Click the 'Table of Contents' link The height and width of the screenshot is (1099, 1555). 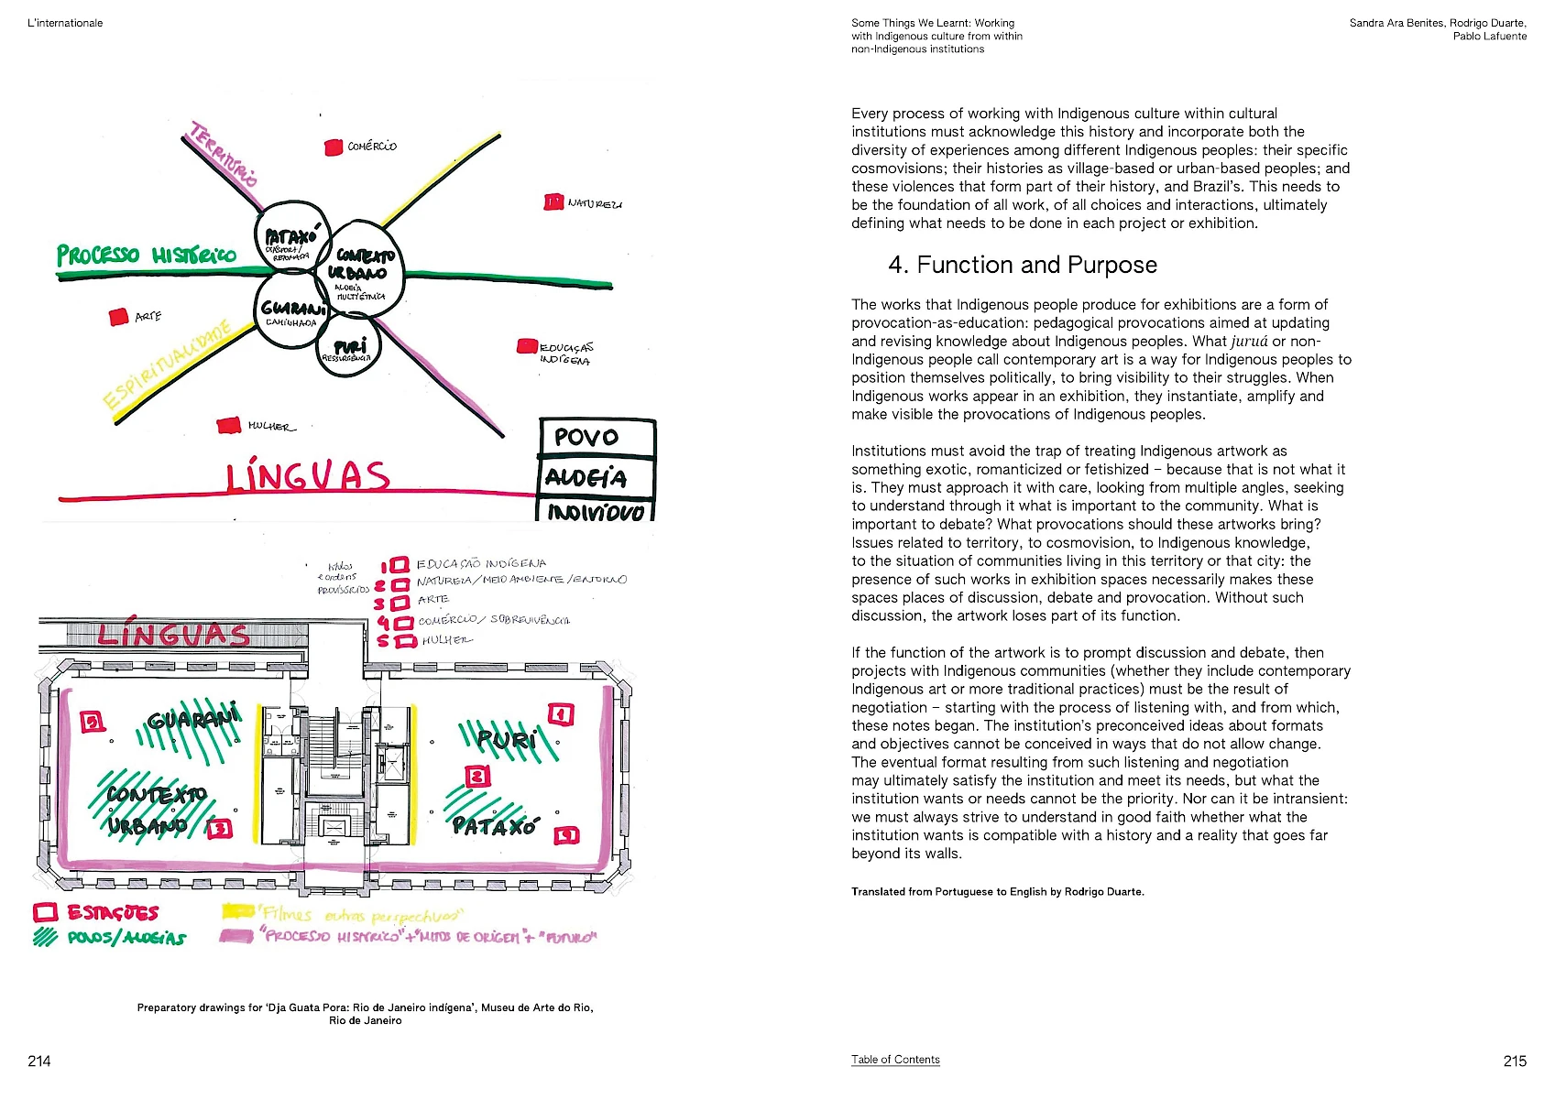[895, 1060]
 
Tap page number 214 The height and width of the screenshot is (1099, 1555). [39, 1061]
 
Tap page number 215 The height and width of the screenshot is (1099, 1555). [1515, 1061]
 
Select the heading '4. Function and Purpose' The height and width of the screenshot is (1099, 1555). [1023, 266]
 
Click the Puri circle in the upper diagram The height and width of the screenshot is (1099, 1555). [349, 349]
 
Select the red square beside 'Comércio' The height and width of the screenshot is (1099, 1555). [334, 147]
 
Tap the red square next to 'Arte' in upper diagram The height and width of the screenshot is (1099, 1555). [118, 317]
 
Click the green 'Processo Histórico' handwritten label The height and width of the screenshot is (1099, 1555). [146, 255]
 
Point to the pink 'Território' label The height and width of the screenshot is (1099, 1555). [223, 154]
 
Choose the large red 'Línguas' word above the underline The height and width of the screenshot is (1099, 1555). [308, 476]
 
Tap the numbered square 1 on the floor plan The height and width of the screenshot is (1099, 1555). [561, 714]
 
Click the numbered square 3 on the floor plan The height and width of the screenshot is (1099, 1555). [220, 829]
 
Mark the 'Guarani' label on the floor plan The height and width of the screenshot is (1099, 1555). [194, 719]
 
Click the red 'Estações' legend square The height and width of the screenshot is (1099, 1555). [46, 912]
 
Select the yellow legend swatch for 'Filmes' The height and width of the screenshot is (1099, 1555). [238, 911]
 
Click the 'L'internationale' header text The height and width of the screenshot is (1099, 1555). [65, 23]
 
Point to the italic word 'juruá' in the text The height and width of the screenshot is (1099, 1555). [1249, 342]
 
